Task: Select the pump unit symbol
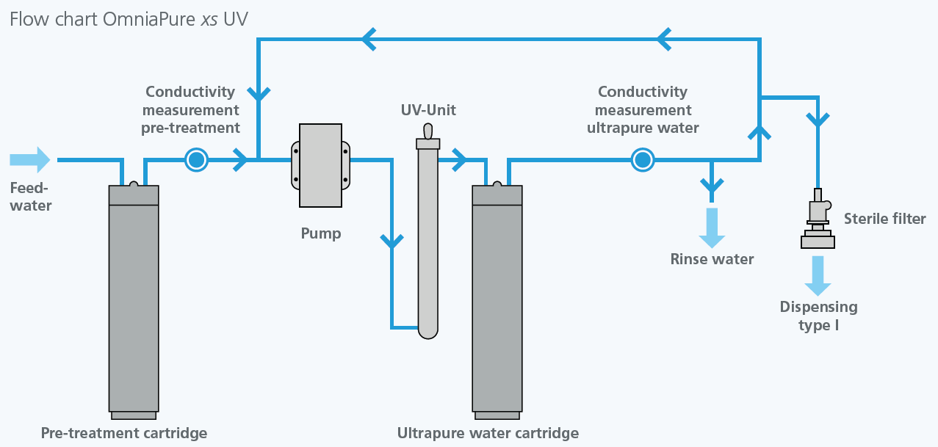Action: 321,165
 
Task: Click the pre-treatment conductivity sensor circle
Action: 196,159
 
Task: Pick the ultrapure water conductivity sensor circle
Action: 643,159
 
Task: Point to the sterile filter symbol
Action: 818,220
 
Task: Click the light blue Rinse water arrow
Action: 711,227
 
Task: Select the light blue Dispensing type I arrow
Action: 818,275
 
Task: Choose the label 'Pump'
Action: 321,234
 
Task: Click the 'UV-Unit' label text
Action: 428,110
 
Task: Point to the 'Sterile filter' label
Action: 884,219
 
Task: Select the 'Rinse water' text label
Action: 712,259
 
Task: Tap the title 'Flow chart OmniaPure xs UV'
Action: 129,19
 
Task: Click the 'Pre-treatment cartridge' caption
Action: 124,433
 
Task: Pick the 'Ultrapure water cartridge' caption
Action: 488,433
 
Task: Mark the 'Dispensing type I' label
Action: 818,316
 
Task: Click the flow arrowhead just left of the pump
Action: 240,159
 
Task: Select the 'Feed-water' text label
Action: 31,197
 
